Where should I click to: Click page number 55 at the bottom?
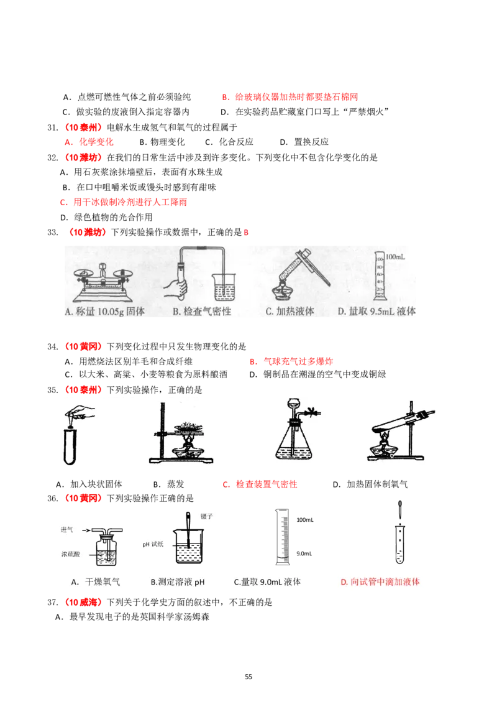(x=248, y=677)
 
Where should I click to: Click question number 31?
(x=52, y=127)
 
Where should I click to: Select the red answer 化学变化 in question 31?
(x=96, y=142)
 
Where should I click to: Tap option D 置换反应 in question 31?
(x=304, y=142)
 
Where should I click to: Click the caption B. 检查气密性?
(x=202, y=311)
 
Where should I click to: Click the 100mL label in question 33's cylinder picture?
(x=395, y=257)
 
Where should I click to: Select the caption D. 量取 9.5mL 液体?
(x=376, y=311)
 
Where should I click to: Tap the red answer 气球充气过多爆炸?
(x=298, y=361)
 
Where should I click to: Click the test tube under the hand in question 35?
(x=70, y=447)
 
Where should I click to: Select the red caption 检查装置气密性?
(x=267, y=484)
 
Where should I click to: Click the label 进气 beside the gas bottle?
(x=67, y=530)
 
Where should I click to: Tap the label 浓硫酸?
(x=70, y=554)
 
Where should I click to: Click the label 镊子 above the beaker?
(x=206, y=516)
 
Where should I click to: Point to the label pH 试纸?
(x=153, y=544)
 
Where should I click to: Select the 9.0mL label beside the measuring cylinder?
(x=304, y=553)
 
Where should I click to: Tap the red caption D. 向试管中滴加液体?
(x=380, y=582)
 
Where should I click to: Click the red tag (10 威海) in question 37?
(x=81, y=602)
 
